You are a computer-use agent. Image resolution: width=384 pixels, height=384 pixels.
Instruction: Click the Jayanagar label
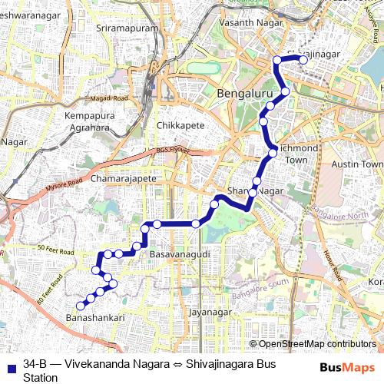tap(210, 313)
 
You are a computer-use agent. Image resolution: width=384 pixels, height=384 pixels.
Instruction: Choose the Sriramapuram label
tap(127, 28)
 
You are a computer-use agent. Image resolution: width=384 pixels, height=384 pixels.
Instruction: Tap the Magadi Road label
tap(107, 99)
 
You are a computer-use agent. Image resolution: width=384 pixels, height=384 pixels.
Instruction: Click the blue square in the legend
tap(10, 364)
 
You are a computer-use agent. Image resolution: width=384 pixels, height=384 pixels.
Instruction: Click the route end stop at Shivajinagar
tap(304, 59)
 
